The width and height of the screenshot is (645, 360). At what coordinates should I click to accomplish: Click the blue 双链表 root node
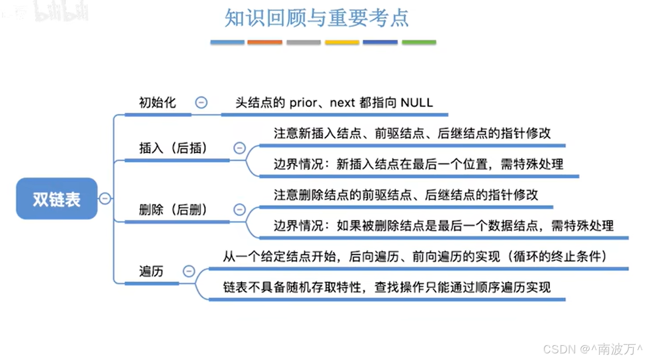click(57, 199)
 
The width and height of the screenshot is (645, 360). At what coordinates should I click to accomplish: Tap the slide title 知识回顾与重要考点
click(317, 18)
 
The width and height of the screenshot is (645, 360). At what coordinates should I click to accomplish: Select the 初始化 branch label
click(157, 102)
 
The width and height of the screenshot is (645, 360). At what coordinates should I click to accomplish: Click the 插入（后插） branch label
click(173, 148)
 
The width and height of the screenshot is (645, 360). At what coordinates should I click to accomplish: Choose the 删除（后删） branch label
click(173, 209)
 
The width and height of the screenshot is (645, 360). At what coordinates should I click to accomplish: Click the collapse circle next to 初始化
click(202, 102)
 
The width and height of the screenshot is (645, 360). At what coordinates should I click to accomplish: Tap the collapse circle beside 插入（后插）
click(240, 148)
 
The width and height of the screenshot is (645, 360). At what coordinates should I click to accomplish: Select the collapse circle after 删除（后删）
click(240, 209)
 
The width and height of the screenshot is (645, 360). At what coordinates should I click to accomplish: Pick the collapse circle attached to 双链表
click(105, 199)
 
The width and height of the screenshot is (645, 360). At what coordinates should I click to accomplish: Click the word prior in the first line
click(303, 102)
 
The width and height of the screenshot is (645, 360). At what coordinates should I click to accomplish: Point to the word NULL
click(416, 102)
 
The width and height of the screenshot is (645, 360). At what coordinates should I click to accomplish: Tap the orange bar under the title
click(265, 42)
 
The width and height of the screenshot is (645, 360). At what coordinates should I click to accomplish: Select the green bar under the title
click(419, 42)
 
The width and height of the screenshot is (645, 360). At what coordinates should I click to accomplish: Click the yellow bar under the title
click(342, 42)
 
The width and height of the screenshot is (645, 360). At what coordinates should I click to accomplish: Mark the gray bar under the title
click(304, 42)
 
